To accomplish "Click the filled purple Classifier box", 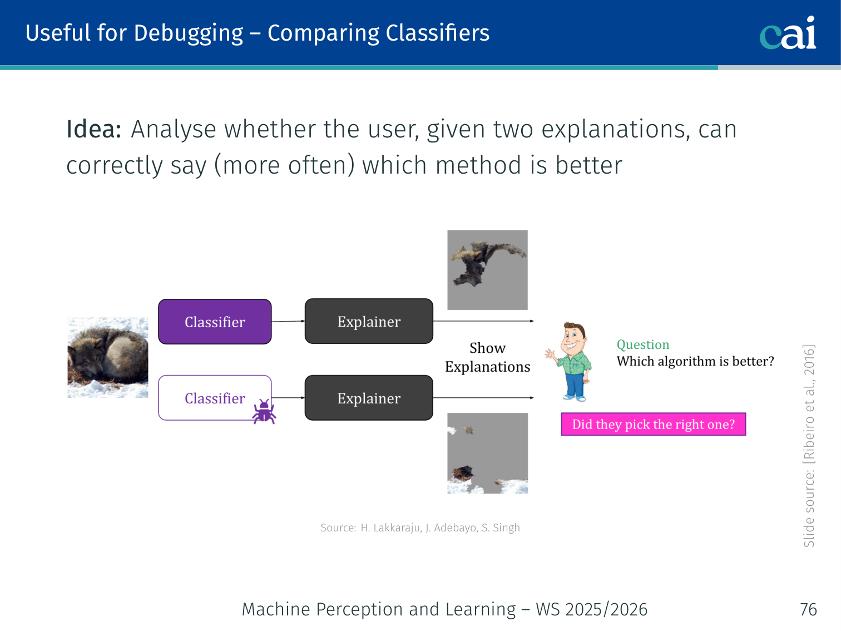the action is pos(215,322).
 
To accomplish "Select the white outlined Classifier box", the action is pos(215,398).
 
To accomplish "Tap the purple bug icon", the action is pos(264,412).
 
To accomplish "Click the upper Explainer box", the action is pos(369,321).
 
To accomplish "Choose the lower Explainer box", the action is pos(369,398).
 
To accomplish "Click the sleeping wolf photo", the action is pos(108,357).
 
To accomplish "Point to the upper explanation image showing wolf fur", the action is pos(487,270).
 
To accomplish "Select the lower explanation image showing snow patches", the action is pos(487,453).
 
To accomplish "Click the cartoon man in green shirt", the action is pos(570,362).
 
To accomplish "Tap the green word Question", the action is pos(643,345).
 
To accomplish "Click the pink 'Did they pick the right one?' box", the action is pos(653,424).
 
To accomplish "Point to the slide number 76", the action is pos(808,609).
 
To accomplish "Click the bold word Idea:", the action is pos(94,129).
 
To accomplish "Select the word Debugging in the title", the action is pos(189,33).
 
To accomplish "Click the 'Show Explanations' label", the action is pos(487,357).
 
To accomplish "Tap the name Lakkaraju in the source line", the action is pos(391,528).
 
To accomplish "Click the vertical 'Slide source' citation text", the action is pos(808,446).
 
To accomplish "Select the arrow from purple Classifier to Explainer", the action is pos(288,321).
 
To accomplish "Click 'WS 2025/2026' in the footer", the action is pos(592,609).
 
